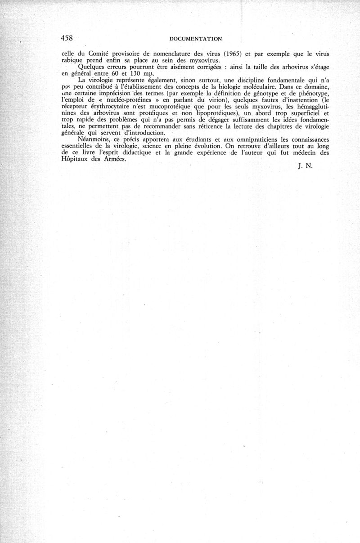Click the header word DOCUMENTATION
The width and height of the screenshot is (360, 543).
pyautogui.click(x=198, y=39)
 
